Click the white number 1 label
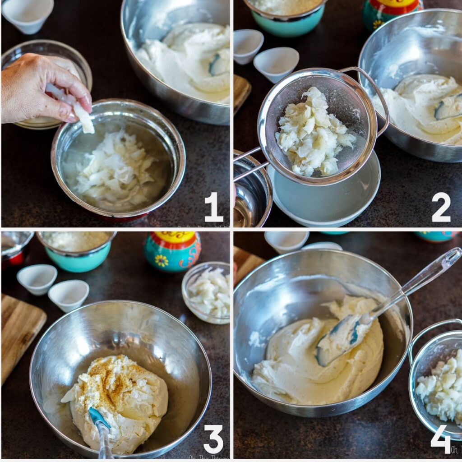coord(214,207)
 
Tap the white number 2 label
coord(441,207)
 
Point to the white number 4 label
coord(440,439)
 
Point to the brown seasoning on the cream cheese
coord(113,374)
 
